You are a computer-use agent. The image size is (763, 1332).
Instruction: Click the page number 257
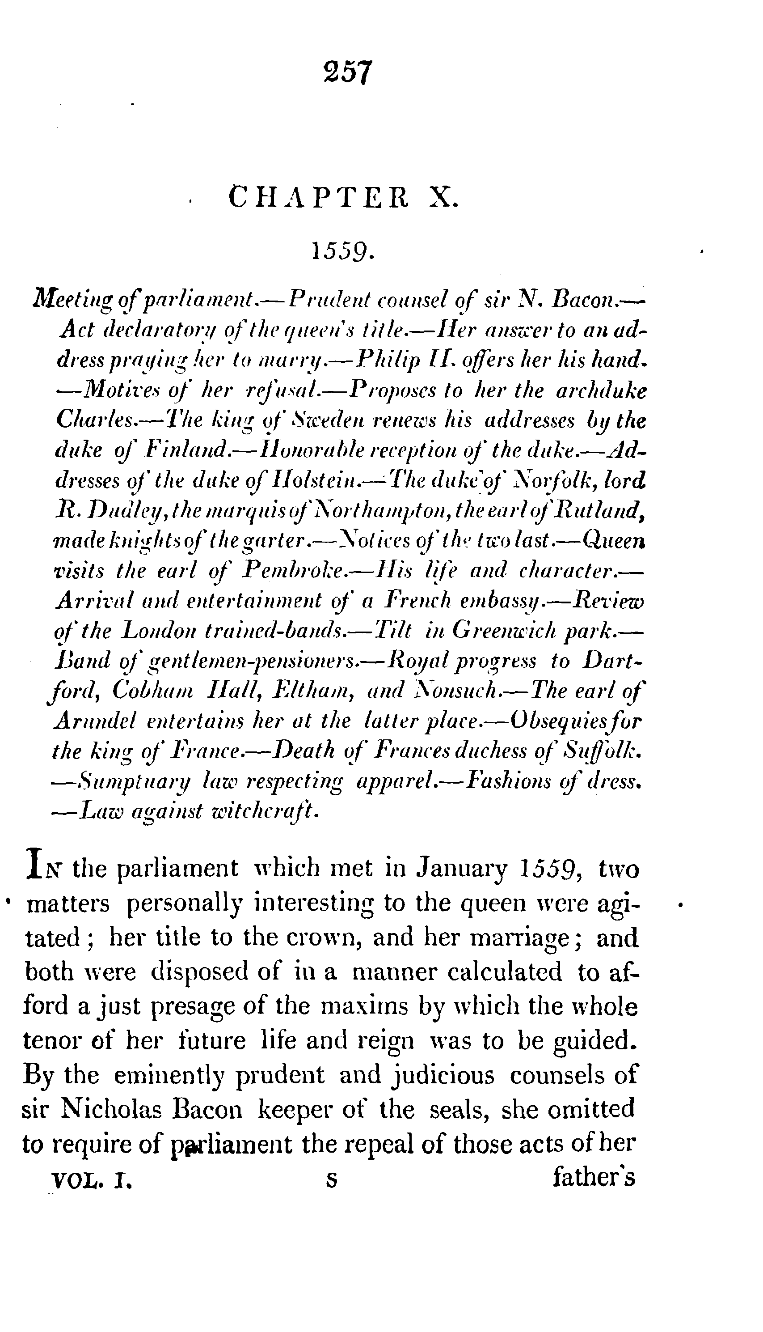(348, 72)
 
